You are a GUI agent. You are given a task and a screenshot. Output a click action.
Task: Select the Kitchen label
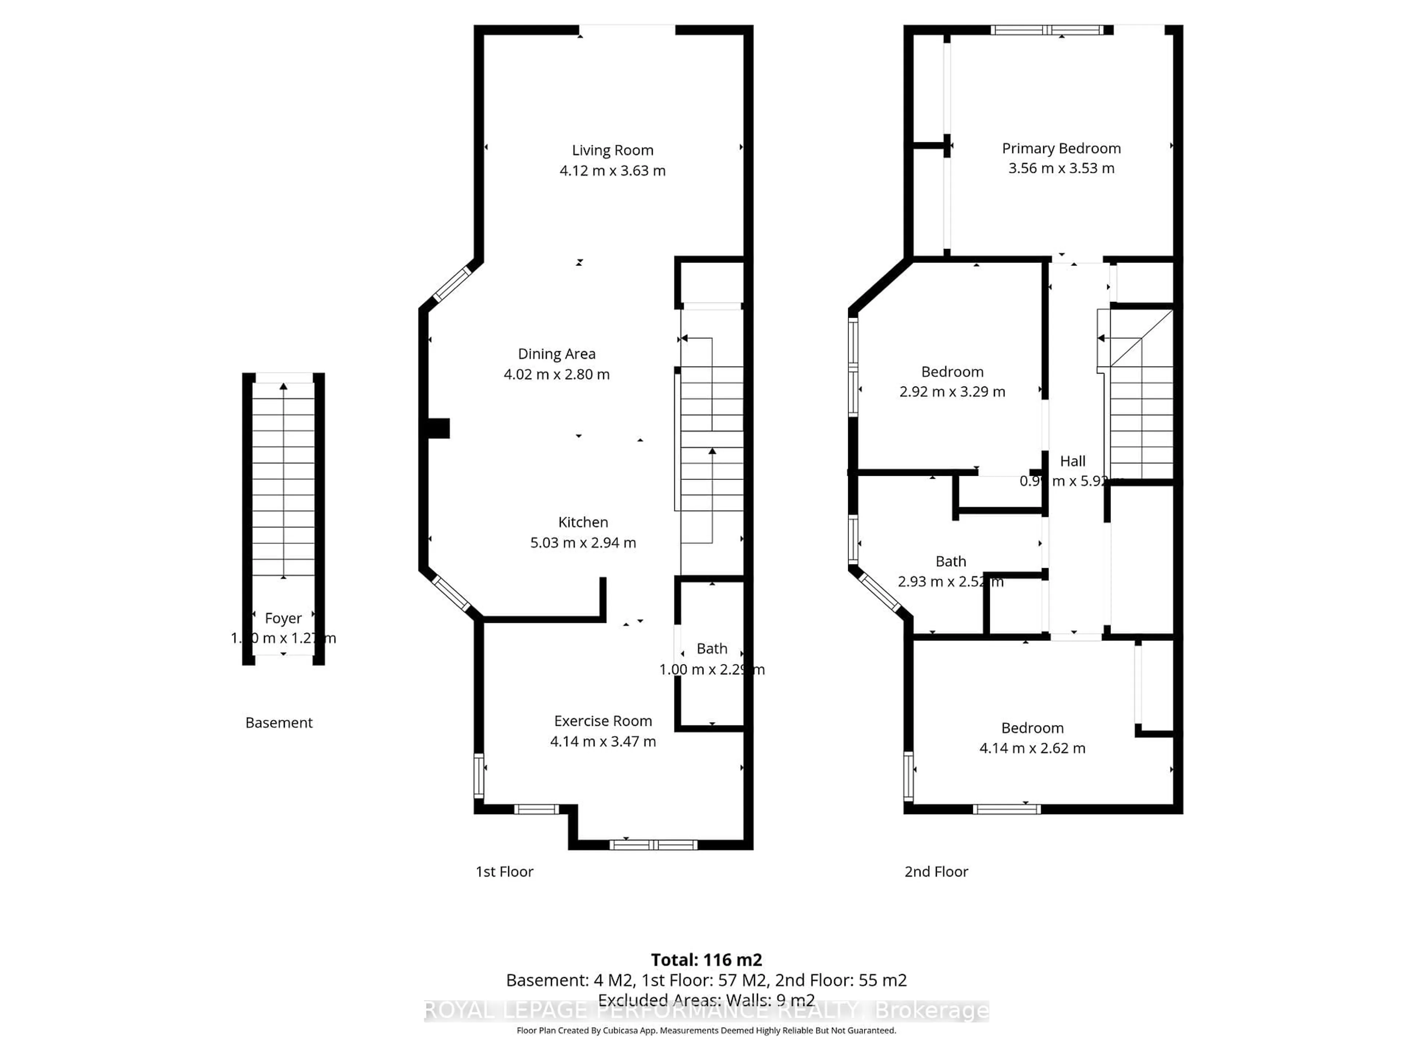582,522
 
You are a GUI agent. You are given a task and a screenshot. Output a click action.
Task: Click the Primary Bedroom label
1060,148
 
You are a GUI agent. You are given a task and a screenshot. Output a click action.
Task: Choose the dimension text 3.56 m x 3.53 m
1060,168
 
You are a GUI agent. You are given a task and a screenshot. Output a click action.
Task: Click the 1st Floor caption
504,871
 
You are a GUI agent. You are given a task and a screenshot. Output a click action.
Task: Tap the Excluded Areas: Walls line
706,1000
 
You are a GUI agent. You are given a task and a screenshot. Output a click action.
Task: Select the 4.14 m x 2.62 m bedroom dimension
1032,748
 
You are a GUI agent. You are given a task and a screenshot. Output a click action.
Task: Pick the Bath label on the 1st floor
712,649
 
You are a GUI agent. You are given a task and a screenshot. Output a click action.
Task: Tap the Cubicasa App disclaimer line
706,1030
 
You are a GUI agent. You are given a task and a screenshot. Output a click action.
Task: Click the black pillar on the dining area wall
439,428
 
